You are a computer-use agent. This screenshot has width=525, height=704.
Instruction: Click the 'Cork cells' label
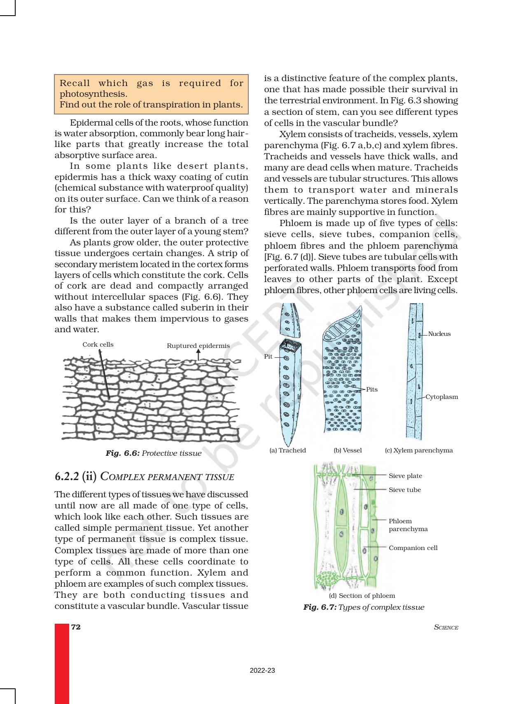[x=98, y=345]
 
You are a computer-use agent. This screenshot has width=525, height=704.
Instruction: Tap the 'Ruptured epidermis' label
[x=198, y=346]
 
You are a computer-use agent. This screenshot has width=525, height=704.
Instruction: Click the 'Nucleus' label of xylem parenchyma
[x=439, y=334]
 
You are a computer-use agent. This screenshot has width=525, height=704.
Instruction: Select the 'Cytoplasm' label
[x=441, y=397]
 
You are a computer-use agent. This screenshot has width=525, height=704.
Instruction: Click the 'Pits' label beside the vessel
[x=371, y=389]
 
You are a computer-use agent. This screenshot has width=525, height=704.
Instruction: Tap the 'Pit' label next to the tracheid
[x=268, y=357]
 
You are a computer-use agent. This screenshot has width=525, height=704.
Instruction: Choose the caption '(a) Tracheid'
[x=287, y=450]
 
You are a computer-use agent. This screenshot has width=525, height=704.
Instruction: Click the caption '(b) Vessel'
[x=348, y=450]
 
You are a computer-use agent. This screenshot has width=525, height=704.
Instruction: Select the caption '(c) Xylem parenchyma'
[x=418, y=450]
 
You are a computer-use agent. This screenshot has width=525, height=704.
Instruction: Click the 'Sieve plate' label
[x=405, y=476]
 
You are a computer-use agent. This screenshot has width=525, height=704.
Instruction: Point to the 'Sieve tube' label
[x=405, y=490]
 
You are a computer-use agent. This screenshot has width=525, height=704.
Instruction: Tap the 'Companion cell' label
[x=413, y=548]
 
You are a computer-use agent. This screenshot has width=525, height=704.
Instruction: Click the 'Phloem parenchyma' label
[x=408, y=525]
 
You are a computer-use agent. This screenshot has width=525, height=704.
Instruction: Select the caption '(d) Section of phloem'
[x=362, y=596]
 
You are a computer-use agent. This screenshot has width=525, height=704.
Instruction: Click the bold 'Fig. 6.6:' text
[x=123, y=453]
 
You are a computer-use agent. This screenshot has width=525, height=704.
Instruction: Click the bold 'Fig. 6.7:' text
[x=320, y=607]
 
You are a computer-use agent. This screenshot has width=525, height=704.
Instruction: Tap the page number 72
[x=76, y=627]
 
